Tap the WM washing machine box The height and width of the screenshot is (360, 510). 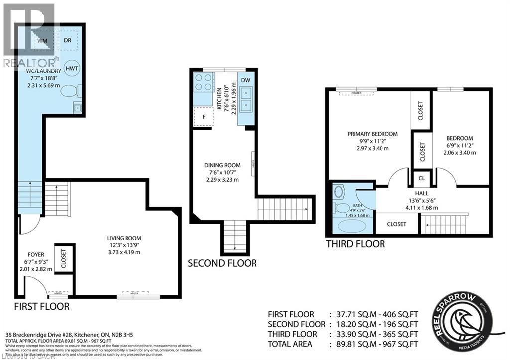pos(42,40)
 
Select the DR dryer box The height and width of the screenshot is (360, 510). pos(67,40)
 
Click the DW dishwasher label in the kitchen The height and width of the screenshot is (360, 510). pos(245,80)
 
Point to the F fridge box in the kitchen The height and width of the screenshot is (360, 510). pos(203,117)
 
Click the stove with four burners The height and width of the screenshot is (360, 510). pos(203,82)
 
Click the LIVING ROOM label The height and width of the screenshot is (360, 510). pos(127,238)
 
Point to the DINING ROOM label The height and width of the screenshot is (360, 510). pos(222,165)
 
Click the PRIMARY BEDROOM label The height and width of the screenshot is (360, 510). pos(373,134)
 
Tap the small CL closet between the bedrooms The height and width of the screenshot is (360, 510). pos(422,178)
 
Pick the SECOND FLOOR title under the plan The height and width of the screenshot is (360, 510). pos(222,263)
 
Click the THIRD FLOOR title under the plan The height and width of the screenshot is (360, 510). pos(355,244)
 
